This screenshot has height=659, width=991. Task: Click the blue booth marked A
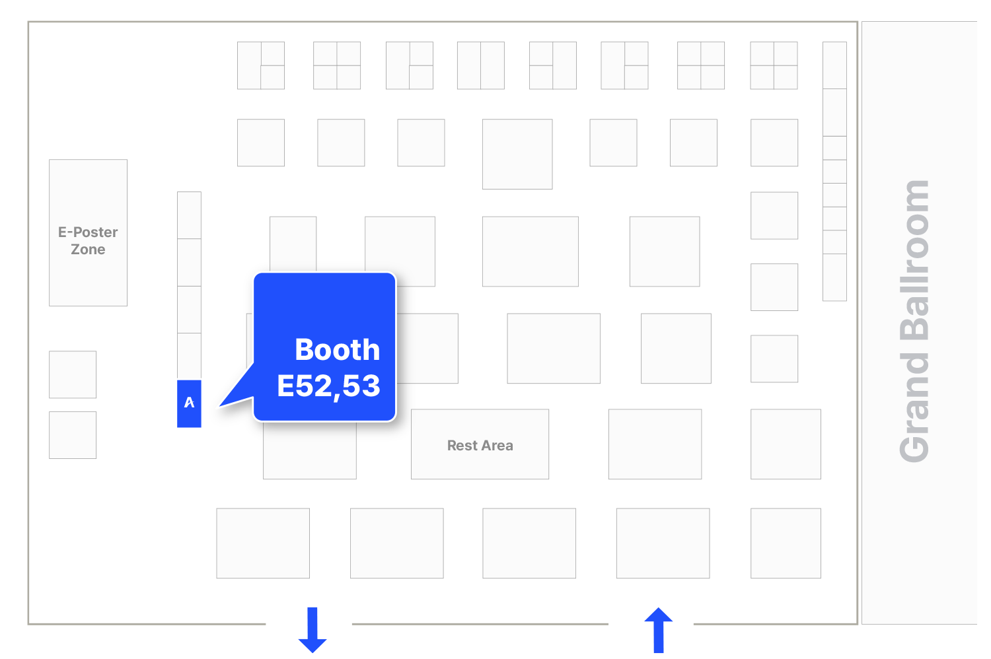(189, 403)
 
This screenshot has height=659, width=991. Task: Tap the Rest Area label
(480, 445)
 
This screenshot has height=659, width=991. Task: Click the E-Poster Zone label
(88, 240)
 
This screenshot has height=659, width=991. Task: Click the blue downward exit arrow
(312, 630)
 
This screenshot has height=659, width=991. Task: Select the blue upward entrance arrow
(658, 630)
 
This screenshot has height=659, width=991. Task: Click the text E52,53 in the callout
(328, 386)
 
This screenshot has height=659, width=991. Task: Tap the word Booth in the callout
(337, 349)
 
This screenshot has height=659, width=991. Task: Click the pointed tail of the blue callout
(220, 405)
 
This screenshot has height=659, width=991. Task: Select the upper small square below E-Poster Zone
(73, 374)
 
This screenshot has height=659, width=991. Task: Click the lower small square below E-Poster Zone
(73, 435)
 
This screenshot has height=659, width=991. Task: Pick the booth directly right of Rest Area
(655, 444)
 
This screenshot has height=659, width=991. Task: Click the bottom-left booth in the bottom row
(263, 543)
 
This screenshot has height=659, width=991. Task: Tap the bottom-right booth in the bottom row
(786, 543)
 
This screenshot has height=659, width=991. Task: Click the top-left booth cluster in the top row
(261, 65)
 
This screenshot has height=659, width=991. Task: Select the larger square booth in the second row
(517, 154)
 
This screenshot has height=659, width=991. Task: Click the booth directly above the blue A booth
(189, 357)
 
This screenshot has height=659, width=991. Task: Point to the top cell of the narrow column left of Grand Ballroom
(834, 65)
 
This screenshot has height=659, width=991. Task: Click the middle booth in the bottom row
(529, 543)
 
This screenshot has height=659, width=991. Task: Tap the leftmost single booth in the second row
(261, 143)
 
